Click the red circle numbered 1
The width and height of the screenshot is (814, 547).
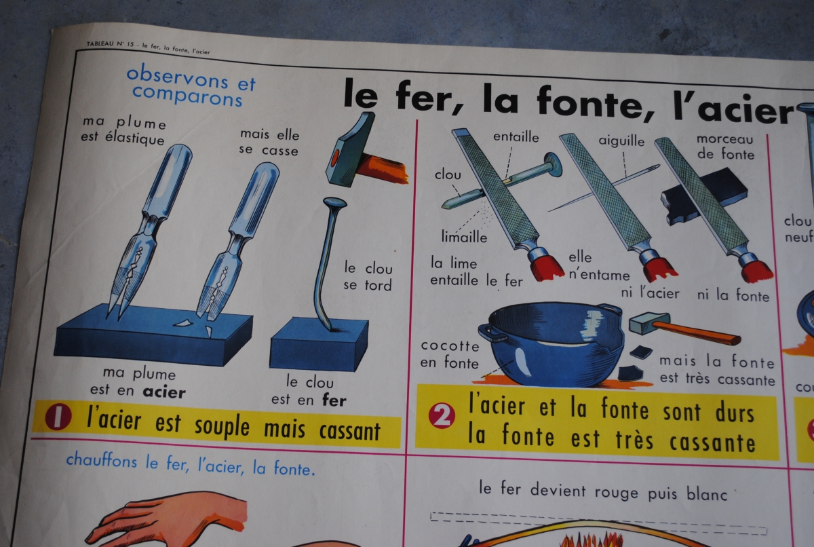(58, 417)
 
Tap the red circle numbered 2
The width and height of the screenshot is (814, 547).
(442, 415)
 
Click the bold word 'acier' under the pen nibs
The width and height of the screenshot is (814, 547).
(164, 392)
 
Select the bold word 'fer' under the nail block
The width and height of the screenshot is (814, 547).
(334, 400)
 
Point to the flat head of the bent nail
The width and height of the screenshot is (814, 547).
(334, 202)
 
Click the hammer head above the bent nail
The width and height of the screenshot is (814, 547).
(350, 149)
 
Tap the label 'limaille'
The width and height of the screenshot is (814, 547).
(464, 237)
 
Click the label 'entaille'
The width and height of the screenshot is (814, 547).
(516, 137)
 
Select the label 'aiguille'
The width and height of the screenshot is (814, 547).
(621, 140)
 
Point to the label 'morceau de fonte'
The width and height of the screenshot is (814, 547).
(726, 147)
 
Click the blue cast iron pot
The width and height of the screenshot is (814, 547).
(552, 343)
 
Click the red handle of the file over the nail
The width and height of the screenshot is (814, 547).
(546, 267)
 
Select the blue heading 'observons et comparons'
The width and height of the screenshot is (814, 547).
(191, 86)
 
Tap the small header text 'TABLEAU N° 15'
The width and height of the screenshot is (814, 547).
(110, 44)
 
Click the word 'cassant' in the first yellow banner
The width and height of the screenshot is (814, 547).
(349, 432)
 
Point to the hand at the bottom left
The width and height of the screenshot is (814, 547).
(167, 520)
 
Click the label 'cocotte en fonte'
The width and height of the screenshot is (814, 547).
(450, 354)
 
